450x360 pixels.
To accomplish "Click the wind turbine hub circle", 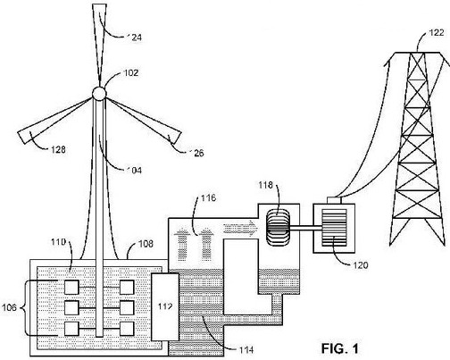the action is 99,94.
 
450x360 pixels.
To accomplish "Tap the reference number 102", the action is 131,73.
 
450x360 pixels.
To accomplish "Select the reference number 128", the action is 58,149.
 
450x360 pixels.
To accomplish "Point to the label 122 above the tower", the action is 437,33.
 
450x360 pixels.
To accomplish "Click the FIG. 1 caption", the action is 340,348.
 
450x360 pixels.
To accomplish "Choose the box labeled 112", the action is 165,306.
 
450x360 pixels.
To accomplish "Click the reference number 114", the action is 246,349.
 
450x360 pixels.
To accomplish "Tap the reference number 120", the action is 361,264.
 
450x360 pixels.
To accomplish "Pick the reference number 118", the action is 265,185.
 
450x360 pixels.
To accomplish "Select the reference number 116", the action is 208,198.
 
